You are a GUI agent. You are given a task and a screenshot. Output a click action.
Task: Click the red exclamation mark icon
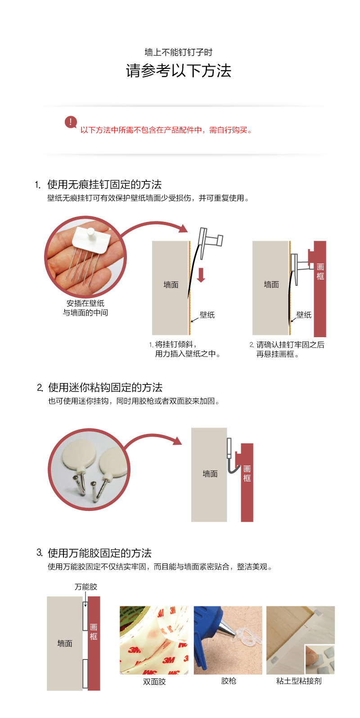click(71, 122)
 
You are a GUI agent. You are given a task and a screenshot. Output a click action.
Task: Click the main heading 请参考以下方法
click(179, 71)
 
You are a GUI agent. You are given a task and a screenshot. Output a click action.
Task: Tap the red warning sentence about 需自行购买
click(166, 130)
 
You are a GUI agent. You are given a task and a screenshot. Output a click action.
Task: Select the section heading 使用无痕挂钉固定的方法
click(104, 185)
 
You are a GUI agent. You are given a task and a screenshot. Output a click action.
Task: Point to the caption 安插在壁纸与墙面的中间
click(85, 308)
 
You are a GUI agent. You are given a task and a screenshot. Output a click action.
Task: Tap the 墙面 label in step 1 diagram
click(171, 284)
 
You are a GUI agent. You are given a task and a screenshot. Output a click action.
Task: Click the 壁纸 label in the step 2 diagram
click(304, 315)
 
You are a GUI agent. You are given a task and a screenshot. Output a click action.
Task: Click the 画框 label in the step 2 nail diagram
click(320, 271)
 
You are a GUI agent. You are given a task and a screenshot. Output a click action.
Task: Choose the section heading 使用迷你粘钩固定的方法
click(105, 388)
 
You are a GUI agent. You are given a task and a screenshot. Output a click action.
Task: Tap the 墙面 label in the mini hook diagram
click(210, 474)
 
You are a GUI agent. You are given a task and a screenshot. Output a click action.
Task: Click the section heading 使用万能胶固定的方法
click(100, 553)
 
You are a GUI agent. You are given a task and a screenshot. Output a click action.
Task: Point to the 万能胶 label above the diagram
click(86, 587)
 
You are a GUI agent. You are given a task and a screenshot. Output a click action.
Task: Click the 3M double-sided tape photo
click(154, 640)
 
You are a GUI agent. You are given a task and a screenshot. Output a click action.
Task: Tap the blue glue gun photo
click(228, 640)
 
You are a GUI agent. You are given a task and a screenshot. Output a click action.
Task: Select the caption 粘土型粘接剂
click(299, 681)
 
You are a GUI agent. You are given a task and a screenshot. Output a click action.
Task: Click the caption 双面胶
click(154, 682)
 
